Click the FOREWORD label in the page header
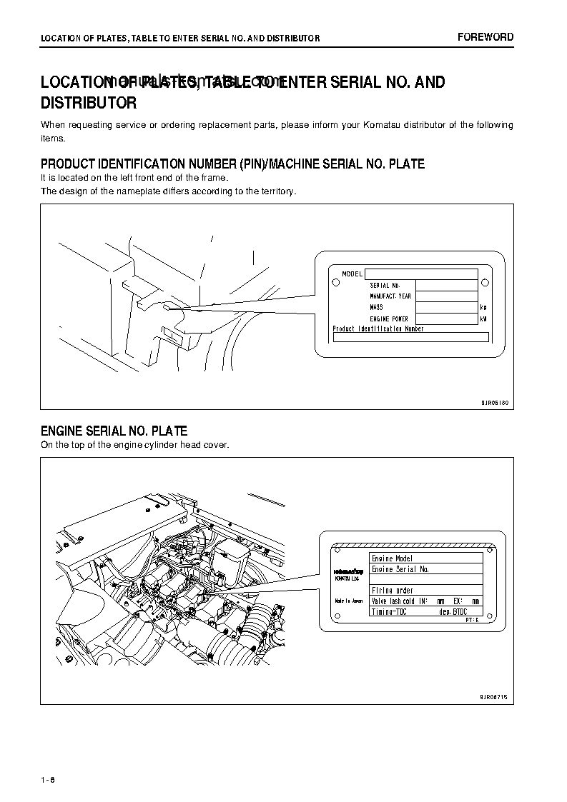point(485,37)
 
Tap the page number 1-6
point(48,779)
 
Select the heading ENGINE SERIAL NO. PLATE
point(114,431)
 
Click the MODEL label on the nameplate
point(352,274)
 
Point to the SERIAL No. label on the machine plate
point(385,286)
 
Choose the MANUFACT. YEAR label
point(390,296)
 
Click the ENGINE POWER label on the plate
point(389,319)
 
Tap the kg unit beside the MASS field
point(483,307)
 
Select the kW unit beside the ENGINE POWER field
point(483,319)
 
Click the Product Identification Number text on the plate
point(378,329)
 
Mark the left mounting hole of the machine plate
point(333,281)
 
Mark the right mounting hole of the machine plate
point(485,281)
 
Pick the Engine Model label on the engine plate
point(393,558)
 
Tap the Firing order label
point(393,590)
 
